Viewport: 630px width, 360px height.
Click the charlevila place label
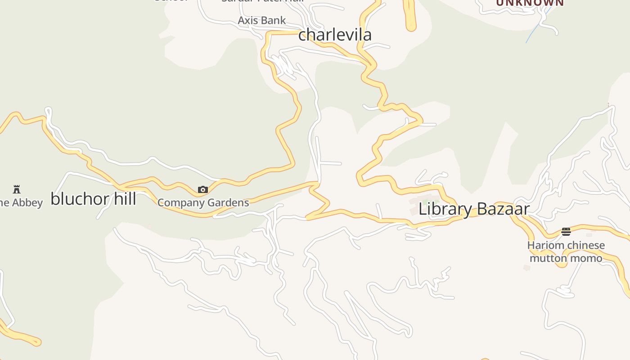coord(335,35)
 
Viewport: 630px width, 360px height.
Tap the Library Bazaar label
coord(474,209)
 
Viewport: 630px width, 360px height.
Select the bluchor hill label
coord(93,198)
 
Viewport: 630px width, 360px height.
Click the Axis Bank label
coord(261,20)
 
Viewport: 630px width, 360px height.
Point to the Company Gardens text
coord(203,202)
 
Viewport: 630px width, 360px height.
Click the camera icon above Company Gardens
coord(203,190)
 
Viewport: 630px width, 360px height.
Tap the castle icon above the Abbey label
coord(17,189)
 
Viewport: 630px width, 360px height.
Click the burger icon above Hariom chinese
coord(566,232)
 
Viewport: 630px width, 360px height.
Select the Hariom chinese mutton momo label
coord(566,252)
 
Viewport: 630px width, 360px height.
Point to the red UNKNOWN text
coord(530,3)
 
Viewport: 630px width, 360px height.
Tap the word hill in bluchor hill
coord(121,198)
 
